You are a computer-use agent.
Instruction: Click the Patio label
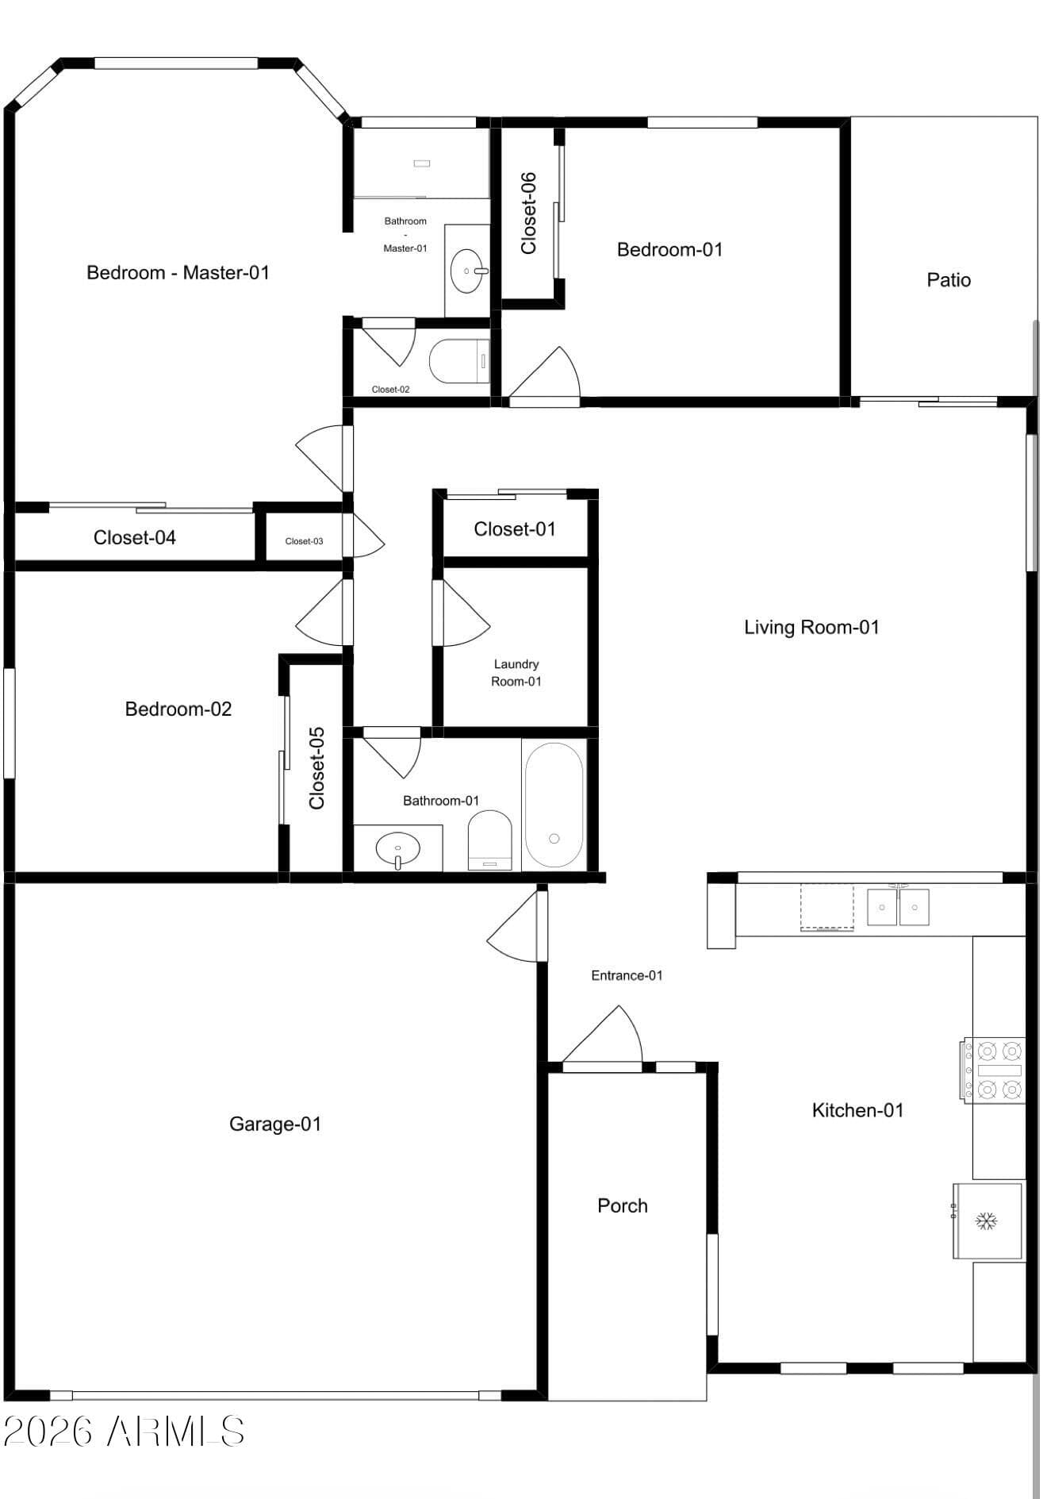[x=949, y=280]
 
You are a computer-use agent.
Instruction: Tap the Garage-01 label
[x=275, y=1124]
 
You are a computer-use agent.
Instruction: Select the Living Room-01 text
[x=811, y=628]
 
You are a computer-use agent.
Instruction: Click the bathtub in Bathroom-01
[x=554, y=805]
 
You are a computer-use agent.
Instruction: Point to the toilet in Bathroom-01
[x=489, y=840]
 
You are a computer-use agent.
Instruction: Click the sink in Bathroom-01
[x=397, y=848]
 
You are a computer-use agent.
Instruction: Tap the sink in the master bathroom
[x=469, y=271]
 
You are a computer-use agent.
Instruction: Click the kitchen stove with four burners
[x=995, y=1070]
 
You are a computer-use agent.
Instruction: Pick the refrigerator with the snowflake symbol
[x=988, y=1220]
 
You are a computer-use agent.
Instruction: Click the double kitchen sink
[x=898, y=907]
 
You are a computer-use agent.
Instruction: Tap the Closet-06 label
[x=528, y=213]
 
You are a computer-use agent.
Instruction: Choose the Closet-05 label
[x=317, y=768]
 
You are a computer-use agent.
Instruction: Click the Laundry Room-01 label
[x=516, y=673]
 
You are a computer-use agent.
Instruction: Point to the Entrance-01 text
[x=627, y=975]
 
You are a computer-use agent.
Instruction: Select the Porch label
[x=623, y=1205]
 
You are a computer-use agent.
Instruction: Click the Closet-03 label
[x=304, y=541]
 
